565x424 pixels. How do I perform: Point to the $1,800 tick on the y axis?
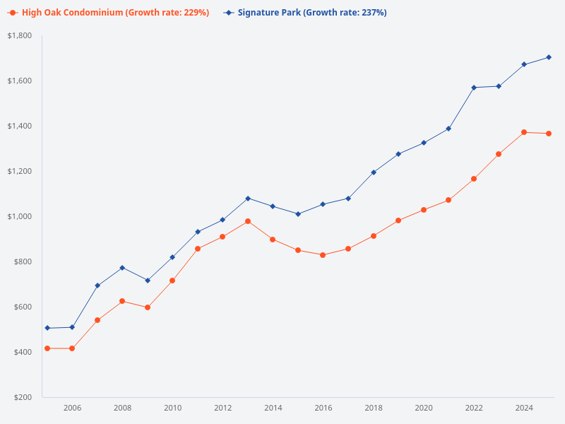[20, 35]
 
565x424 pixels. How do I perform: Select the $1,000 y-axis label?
[20, 216]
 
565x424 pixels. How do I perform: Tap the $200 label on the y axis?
[23, 397]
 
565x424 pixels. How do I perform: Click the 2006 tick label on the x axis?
[72, 408]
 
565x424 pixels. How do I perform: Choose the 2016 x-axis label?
[323, 408]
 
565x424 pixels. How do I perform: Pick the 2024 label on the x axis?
[524, 408]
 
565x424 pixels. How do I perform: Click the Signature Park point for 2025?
[549, 57]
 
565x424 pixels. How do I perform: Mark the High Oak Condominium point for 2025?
[549, 134]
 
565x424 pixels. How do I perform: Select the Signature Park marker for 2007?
[97, 285]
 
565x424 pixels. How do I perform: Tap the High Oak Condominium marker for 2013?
[248, 221]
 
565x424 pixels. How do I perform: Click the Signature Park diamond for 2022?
[474, 88]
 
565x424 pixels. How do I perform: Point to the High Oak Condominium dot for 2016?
[323, 255]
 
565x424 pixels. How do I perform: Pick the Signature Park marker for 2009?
[148, 281]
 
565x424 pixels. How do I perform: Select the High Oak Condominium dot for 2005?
[47, 348]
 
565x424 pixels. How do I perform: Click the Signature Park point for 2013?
[248, 199]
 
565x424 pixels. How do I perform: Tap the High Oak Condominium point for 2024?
[524, 132]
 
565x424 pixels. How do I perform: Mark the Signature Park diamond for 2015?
[298, 214]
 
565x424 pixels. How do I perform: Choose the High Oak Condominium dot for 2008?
[122, 301]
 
